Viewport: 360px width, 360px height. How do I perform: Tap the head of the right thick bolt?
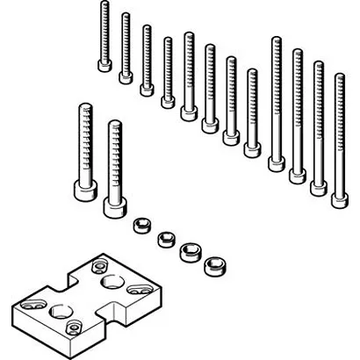pyautogui.click(x=113, y=207)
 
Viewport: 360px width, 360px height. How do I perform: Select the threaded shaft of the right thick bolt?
pyautogui.click(x=113, y=158)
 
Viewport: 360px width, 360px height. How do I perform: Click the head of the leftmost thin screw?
pyautogui.click(x=104, y=65)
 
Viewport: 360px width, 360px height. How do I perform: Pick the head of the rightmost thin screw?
pyautogui.click(x=339, y=200)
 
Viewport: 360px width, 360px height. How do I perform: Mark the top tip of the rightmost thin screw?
pyautogui.click(x=339, y=76)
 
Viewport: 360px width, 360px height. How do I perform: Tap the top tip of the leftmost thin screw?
pyautogui.click(x=104, y=4)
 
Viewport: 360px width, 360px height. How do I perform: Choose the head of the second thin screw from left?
pyautogui.click(x=126, y=76)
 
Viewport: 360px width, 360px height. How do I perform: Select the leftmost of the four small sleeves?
pyautogui.click(x=140, y=226)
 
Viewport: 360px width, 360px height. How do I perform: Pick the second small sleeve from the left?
pyautogui.click(x=164, y=238)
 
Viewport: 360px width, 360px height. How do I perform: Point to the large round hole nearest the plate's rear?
pyautogui.click(x=111, y=281)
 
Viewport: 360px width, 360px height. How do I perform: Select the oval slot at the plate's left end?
pyautogui.click(x=31, y=303)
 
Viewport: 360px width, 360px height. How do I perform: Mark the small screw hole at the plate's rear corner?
pyautogui.click(x=96, y=264)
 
